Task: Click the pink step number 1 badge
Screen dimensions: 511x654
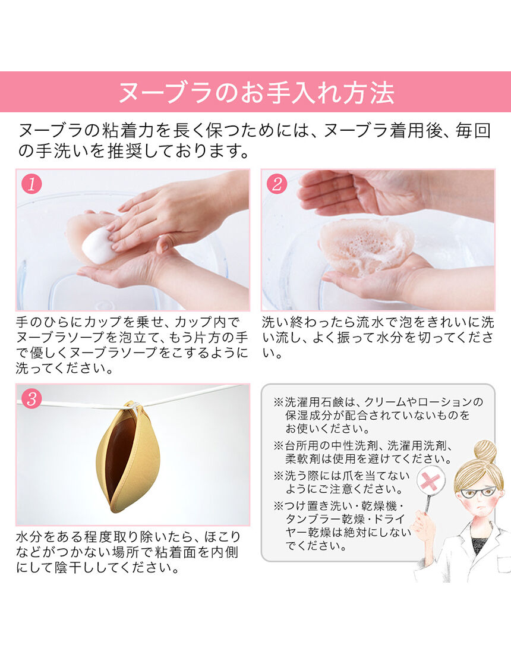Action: [x=31, y=184]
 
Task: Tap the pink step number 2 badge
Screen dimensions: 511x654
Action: [x=277, y=184]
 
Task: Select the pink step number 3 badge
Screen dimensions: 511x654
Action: [x=31, y=399]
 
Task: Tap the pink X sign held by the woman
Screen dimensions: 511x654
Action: [x=431, y=482]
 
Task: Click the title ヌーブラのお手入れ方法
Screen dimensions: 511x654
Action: [x=255, y=92]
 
